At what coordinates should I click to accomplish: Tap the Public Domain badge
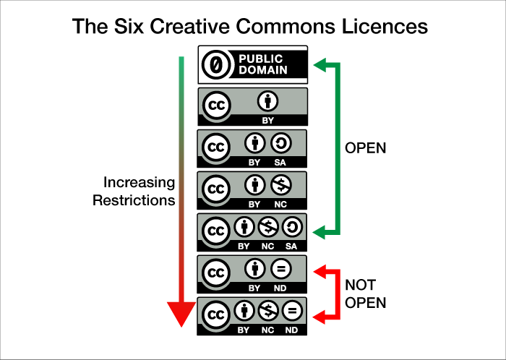[x=252, y=64]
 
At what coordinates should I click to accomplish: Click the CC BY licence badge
[x=252, y=106]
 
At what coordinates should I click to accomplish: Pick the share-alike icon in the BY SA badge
[x=280, y=143]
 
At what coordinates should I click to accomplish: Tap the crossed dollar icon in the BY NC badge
[x=280, y=185]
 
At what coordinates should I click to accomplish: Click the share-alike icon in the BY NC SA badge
[x=291, y=229]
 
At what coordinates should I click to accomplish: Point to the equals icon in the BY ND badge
[x=280, y=270]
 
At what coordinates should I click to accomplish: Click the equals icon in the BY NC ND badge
[x=291, y=312]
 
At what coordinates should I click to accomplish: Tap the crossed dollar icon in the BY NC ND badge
[x=267, y=312]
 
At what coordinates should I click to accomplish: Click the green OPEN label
[x=366, y=148]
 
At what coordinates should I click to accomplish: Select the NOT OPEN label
[x=366, y=293]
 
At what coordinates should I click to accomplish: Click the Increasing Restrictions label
[x=134, y=191]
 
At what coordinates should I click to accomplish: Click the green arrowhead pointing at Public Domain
[x=319, y=67]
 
